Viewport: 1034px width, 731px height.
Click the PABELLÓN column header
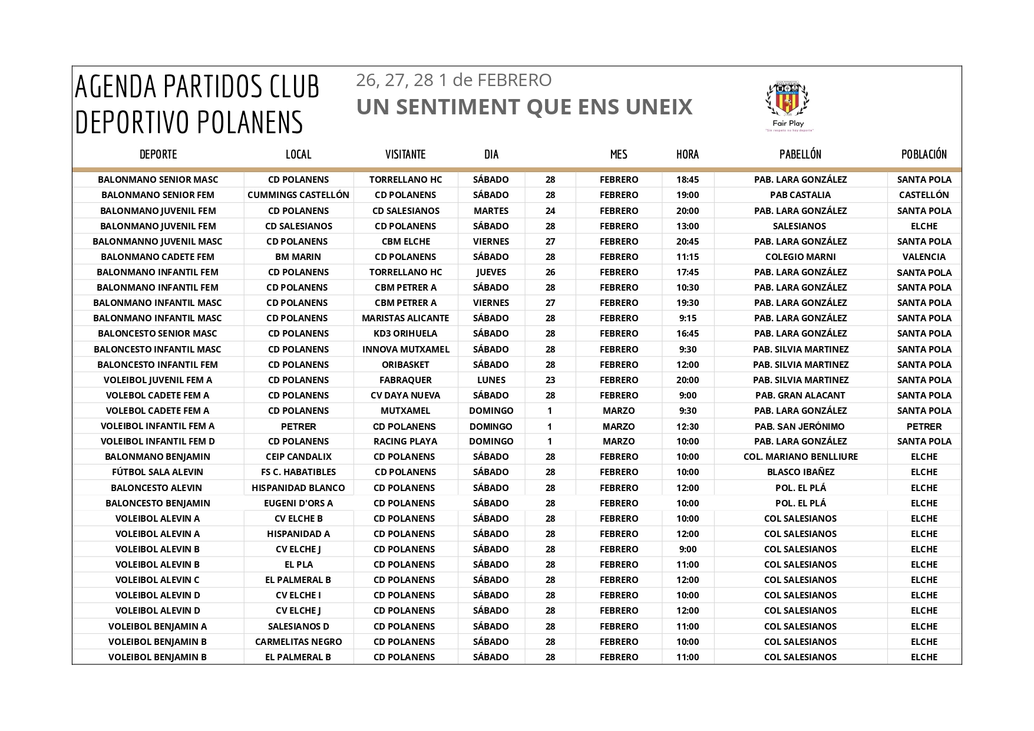click(x=800, y=154)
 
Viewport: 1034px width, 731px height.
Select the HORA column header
click(x=688, y=154)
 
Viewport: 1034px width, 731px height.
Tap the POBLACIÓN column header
click(x=924, y=154)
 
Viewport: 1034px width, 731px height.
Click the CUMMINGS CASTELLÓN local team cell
click(x=298, y=195)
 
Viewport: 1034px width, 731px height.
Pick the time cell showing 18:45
click(x=688, y=180)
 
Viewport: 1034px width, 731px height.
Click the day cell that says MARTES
click(x=491, y=210)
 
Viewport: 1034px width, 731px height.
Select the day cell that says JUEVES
click(x=491, y=272)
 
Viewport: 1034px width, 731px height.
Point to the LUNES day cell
click(x=491, y=380)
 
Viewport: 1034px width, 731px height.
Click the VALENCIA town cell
click(x=924, y=257)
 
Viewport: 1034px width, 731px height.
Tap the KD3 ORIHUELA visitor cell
click(x=405, y=334)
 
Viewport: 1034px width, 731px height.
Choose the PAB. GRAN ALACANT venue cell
click(x=800, y=396)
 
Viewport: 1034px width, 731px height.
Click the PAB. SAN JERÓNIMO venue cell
click(x=800, y=426)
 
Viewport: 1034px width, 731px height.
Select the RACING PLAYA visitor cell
click(x=405, y=442)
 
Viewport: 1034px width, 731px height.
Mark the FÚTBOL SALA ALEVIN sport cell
click(x=157, y=472)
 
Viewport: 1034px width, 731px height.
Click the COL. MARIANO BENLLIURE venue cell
click(x=800, y=457)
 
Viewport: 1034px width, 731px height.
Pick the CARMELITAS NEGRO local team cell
click(x=298, y=642)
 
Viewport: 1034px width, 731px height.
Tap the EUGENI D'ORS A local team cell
click(x=298, y=503)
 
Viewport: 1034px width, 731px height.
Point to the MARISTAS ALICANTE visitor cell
click(x=405, y=318)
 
